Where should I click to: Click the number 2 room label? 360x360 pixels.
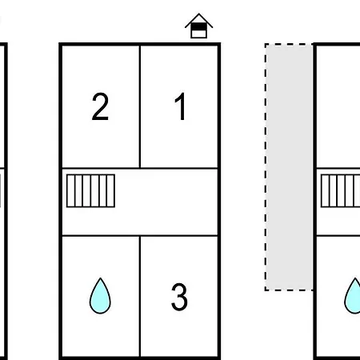coord(100,106)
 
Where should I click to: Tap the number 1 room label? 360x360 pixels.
coord(181,106)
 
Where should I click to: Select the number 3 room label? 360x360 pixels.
coord(179,297)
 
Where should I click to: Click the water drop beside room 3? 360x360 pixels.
coord(100,296)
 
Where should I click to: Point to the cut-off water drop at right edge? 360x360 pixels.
coord(353,296)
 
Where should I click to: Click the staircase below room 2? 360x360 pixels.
coord(90,190)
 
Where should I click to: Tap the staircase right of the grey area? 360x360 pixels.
coord(341,190)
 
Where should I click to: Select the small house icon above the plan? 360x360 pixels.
coord(199,26)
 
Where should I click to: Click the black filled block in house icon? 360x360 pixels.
coord(199,26)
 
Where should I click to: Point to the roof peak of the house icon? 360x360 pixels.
coord(199,14)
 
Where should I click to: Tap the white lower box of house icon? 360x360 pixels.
coord(199,34)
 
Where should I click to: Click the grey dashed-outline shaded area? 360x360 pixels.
coord(289,167)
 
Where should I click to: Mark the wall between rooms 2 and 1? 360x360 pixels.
coord(139,106)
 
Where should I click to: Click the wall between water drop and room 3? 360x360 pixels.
coord(139,296)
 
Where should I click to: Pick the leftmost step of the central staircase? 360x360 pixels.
coord(70,190)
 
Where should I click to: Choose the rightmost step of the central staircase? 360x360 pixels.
coord(110,190)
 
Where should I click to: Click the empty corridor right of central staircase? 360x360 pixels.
coord(166,202)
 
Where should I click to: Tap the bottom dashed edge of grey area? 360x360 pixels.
coord(289,290)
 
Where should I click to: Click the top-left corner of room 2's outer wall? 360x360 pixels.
coord(59,43)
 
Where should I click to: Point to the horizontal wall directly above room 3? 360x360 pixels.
coord(179,236)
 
